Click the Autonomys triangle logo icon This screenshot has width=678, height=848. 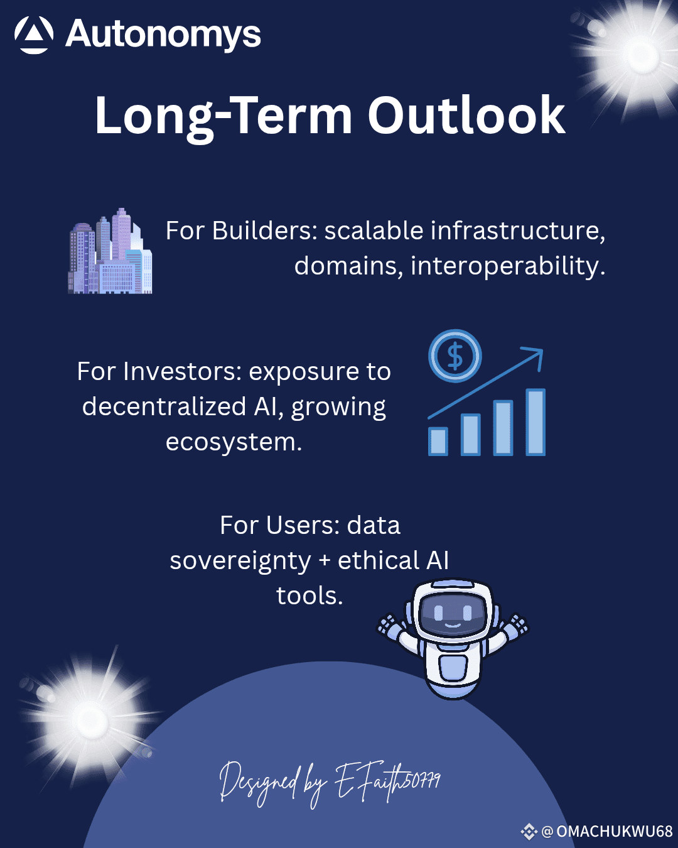34,35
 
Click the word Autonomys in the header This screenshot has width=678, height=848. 163,35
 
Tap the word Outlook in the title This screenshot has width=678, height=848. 466,116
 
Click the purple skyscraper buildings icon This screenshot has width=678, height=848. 110,251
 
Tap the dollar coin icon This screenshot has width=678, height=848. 455,356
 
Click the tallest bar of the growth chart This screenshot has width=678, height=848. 535,422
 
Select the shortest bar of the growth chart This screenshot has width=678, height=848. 438,442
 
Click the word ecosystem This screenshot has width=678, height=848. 234,442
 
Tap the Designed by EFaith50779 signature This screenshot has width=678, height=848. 330,784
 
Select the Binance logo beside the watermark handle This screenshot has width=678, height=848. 529,832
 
